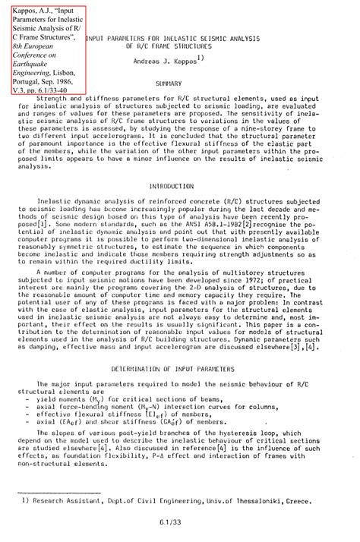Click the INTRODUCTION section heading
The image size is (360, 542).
(172, 185)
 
